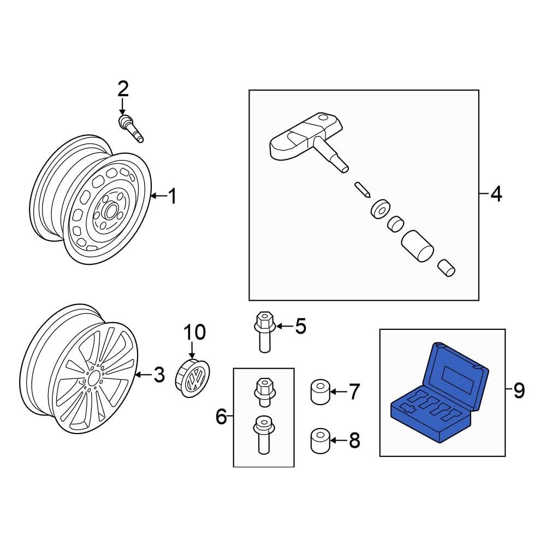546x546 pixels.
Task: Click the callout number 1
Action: coord(172,196)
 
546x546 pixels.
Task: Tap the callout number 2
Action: coord(122,89)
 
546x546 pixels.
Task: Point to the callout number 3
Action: coord(158,375)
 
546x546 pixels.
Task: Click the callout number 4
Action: coord(495,194)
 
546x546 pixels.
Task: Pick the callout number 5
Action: coord(300,327)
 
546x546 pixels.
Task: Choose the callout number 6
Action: coord(221,417)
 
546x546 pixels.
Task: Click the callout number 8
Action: coord(354,440)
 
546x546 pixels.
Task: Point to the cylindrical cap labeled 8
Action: coord(321,441)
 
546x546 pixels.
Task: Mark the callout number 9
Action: coord(518,390)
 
